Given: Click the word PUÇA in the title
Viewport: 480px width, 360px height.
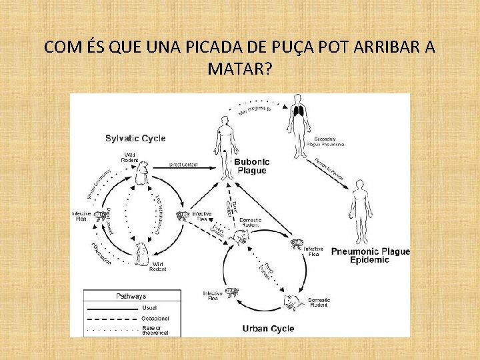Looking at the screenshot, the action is pos(281,48).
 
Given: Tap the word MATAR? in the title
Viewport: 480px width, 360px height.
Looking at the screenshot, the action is pos(239,69).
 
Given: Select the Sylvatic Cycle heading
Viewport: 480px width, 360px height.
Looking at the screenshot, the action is pos(135,139).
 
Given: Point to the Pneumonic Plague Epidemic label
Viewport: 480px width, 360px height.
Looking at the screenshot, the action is pos(369,255).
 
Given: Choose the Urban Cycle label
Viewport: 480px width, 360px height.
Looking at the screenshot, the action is pos(268,328).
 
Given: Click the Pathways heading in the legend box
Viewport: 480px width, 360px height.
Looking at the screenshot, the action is pos(131,296).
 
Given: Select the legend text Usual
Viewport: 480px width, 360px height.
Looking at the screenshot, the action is pos(150,308).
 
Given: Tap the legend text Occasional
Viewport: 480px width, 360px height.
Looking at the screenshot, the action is pos(155,319).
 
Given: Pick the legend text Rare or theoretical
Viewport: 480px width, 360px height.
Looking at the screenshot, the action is pos(155,329).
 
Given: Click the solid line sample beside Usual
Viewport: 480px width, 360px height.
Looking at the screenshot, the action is pos(111,309).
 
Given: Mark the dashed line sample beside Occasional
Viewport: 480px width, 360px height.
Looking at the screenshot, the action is pos(111,319).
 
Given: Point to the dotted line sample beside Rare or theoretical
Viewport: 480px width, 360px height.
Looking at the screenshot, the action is pos(111,328).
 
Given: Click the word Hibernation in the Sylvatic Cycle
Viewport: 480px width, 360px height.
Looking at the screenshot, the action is pos(101,254).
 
